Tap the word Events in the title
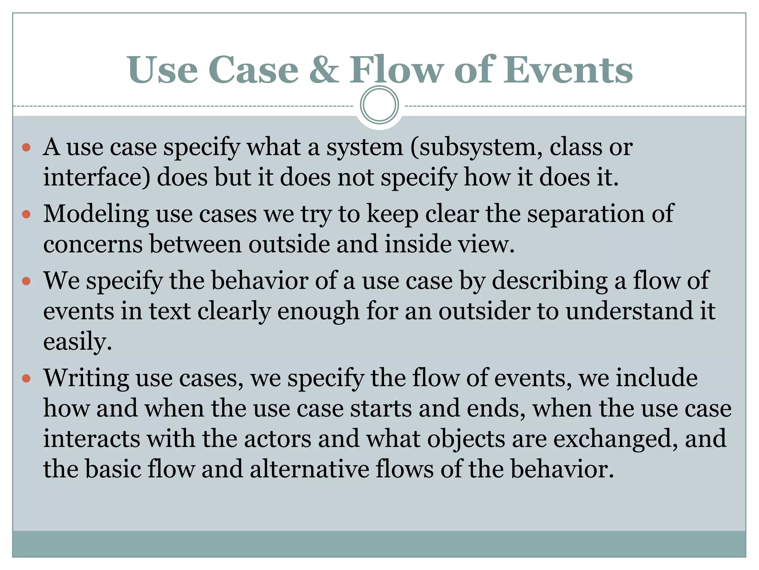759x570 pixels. tap(567, 70)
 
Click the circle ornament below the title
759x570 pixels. tap(379, 105)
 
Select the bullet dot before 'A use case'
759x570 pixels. tap(26, 148)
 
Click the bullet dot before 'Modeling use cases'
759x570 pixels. tap(26, 214)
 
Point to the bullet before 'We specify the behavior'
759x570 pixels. tap(26, 281)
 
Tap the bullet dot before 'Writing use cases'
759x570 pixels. tap(26, 379)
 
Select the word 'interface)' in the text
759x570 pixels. tap(97, 177)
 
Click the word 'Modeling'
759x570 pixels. tap(96, 215)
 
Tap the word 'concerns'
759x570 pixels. tap(93, 244)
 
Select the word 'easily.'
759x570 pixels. tap(77, 342)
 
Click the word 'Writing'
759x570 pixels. tap(86, 379)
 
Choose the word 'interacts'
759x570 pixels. tap(92, 439)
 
